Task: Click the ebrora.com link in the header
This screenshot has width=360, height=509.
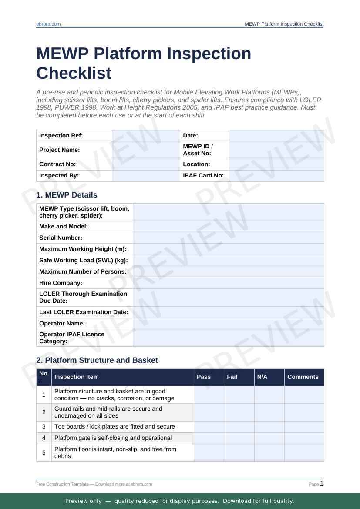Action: tap(48, 24)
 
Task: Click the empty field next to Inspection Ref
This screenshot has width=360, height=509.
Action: tap(146, 135)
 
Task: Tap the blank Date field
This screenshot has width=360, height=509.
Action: tap(276, 135)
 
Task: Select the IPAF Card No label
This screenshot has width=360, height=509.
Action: tap(203, 175)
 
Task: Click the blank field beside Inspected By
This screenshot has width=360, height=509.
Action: tap(146, 175)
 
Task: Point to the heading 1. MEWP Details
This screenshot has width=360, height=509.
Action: tap(67, 195)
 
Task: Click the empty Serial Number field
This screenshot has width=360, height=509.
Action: tap(228, 238)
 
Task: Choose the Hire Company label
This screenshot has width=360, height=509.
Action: tap(61, 283)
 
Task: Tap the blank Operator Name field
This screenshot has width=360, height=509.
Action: tap(228, 323)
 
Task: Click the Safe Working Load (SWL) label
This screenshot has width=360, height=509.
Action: tap(83, 260)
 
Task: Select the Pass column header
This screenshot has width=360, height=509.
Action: tap(203, 377)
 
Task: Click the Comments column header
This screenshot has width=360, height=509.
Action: tap(303, 377)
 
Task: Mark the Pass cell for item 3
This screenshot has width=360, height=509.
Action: tap(209, 427)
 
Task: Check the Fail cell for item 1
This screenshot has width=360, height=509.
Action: tap(239, 395)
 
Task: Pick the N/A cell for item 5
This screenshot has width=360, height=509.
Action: tap(269, 452)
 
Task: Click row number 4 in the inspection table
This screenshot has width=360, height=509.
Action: tap(44, 438)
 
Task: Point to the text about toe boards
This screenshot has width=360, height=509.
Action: tap(114, 427)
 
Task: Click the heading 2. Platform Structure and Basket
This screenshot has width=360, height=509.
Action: tap(97, 360)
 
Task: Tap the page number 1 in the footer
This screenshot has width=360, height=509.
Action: tap(322, 483)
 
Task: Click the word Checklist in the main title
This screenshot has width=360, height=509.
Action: tap(74, 73)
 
